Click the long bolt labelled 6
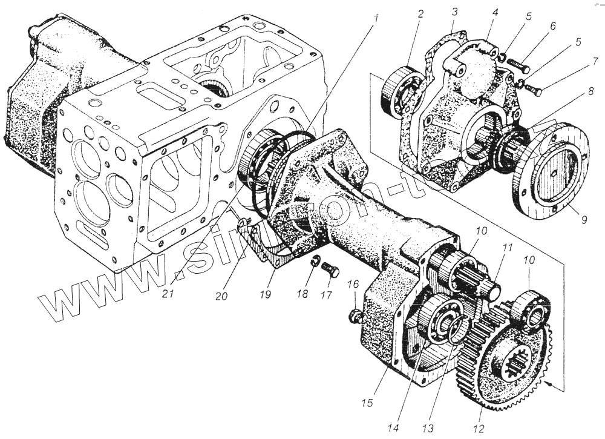pyautogui.click(x=518, y=63)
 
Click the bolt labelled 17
pyautogui.click(x=330, y=269)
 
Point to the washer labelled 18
pyautogui.click(x=315, y=262)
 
